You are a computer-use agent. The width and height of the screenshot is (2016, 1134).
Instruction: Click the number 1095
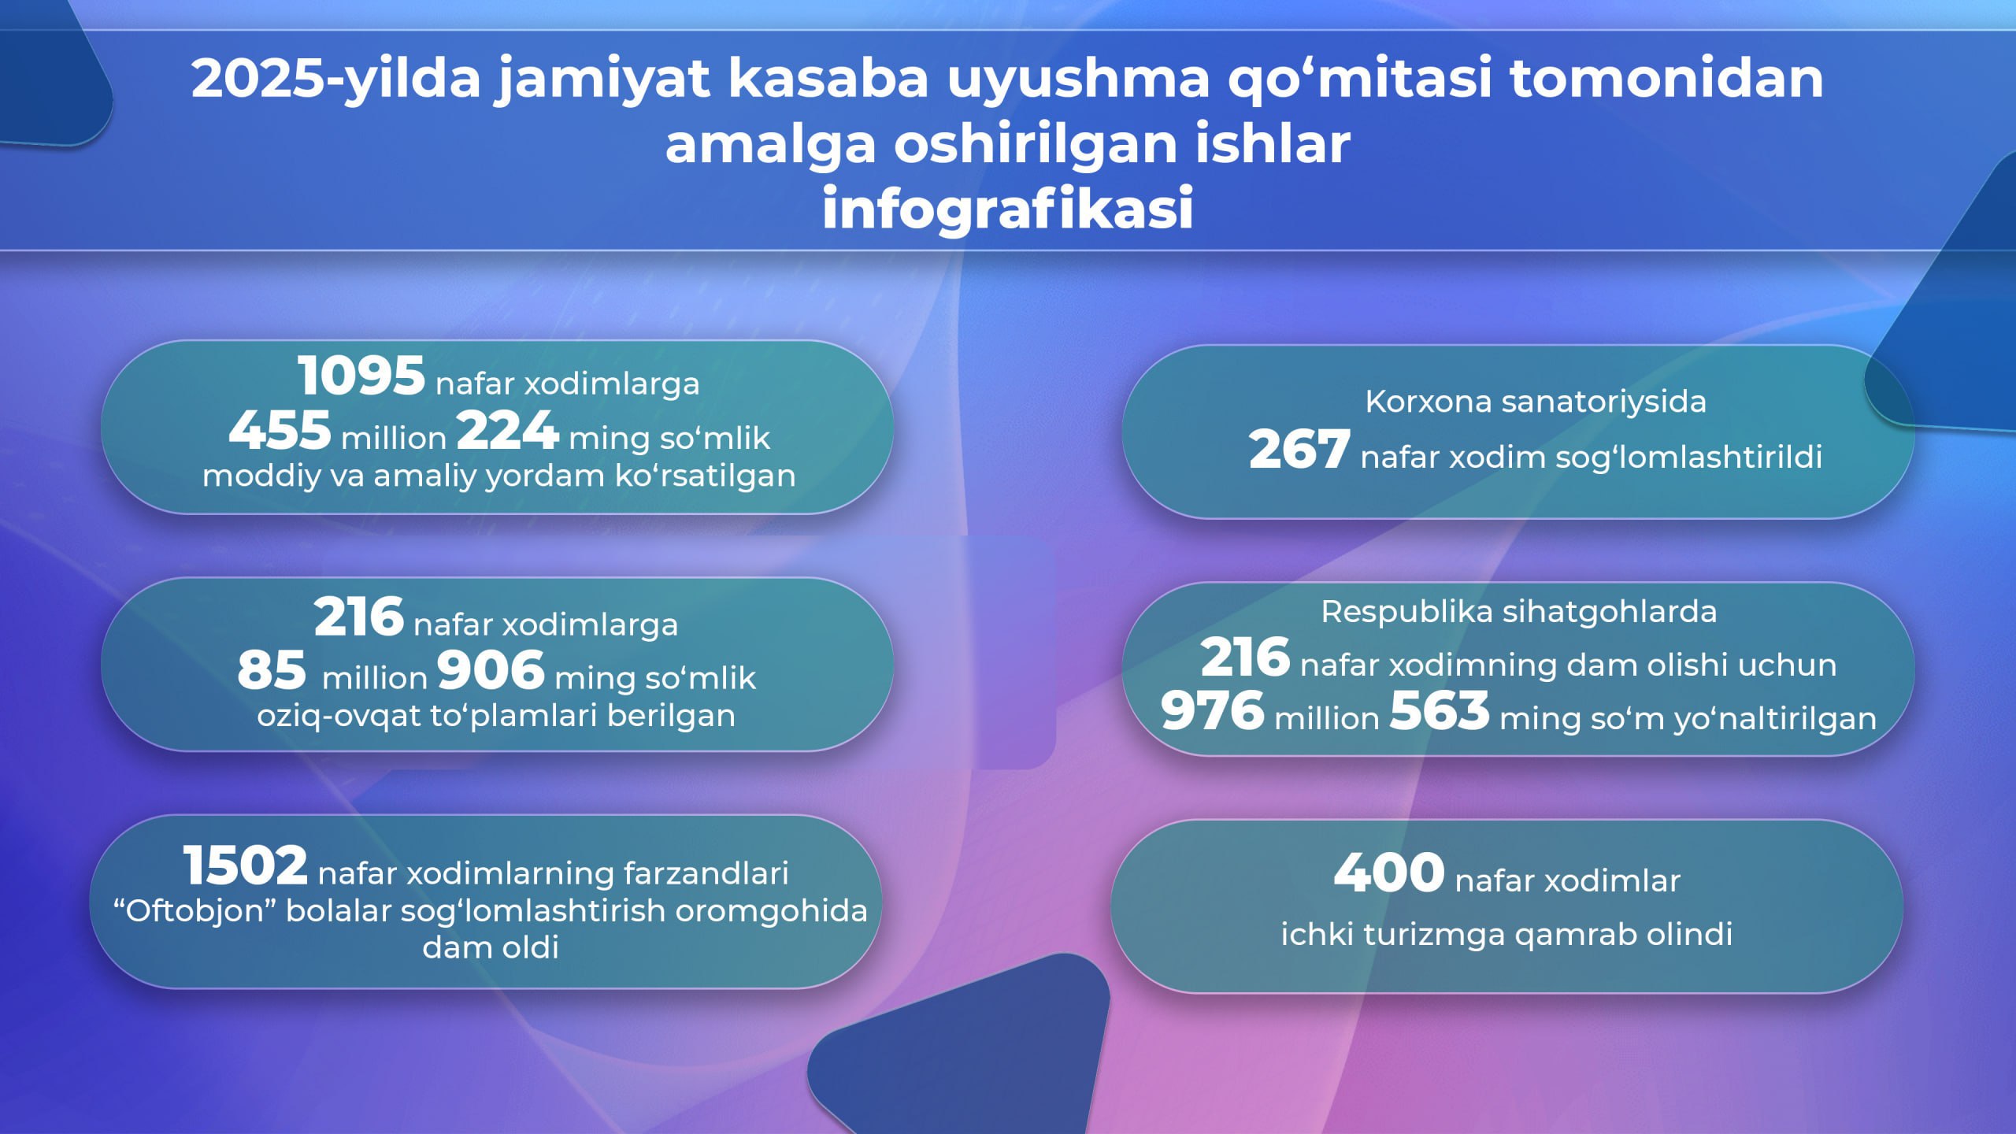click(361, 376)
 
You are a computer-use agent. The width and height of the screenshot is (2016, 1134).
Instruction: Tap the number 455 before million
click(280, 431)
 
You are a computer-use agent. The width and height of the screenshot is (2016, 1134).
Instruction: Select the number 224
click(508, 431)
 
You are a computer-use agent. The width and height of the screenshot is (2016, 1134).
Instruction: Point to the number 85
click(272, 670)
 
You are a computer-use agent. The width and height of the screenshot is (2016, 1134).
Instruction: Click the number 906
click(491, 670)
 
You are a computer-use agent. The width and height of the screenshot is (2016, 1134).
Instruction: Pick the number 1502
click(245, 865)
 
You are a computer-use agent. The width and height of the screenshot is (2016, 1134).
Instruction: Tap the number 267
click(1299, 450)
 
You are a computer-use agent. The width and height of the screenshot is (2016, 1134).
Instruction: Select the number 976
click(1213, 710)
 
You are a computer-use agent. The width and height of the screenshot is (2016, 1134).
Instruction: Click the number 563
click(1440, 710)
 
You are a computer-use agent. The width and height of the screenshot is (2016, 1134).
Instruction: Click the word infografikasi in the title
click(1008, 209)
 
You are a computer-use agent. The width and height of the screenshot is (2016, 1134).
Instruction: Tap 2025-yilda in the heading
click(335, 80)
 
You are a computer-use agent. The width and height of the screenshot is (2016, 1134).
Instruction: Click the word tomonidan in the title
click(1666, 79)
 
